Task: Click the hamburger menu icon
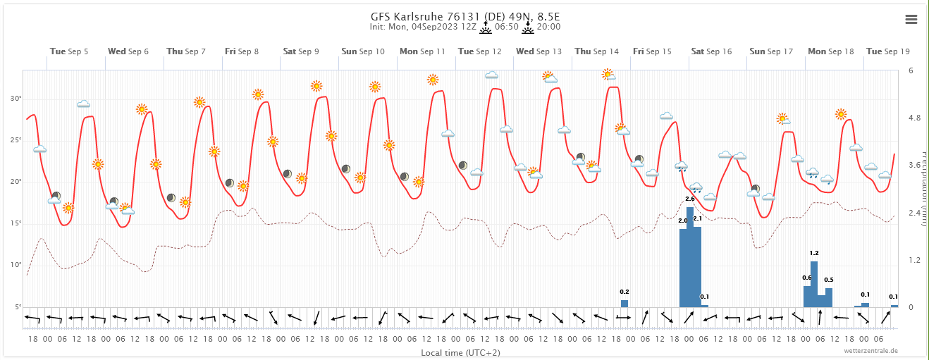pos(911,20)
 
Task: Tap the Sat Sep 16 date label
pos(711,51)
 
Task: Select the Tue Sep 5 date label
pos(69,51)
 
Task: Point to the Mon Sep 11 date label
pos(422,51)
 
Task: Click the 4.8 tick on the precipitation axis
pos(914,118)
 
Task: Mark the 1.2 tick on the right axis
pos(914,260)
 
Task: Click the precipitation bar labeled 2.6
pos(690,257)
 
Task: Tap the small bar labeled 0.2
pos(625,303)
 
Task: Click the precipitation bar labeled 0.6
pos(807,297)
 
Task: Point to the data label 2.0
pos(682,221)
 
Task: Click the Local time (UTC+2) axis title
pos(460,352)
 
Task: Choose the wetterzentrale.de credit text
pos(872,350)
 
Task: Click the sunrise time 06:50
pos(507,27)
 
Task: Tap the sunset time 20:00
pos(549,27)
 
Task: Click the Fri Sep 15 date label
pos(653,51)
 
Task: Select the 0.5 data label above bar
pos(829,280)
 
